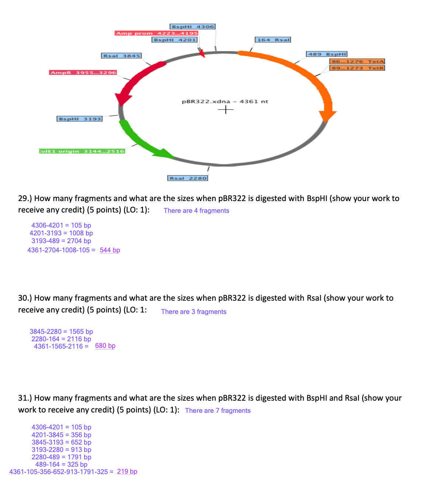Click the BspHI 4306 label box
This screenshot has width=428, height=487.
(192, 27)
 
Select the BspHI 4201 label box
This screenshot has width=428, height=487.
(175, 39)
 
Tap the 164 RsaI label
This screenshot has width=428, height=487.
(273, 39)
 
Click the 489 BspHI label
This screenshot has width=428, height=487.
(327, 54)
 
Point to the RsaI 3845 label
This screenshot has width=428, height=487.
(121, 56)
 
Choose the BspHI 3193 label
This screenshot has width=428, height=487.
(80, 119)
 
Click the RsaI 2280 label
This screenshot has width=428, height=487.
(188, 178)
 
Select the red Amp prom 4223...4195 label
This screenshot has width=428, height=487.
(156, 33)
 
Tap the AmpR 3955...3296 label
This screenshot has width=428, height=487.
(83, 73)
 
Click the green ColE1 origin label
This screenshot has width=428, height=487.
(82, 151)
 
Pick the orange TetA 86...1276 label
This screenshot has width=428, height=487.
(357, 61)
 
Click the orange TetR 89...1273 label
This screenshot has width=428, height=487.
(357, 68)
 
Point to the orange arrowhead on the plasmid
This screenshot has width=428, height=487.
(327, 115)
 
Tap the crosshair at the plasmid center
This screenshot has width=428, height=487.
(225, 110)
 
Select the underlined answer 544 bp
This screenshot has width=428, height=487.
(110, 250)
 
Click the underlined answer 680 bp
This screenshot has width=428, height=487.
(105, 346)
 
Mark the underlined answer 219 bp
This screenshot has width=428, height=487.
(127, 472)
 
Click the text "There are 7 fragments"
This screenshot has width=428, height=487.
(218, 411)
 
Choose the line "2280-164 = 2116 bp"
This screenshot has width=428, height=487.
(61, 339)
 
